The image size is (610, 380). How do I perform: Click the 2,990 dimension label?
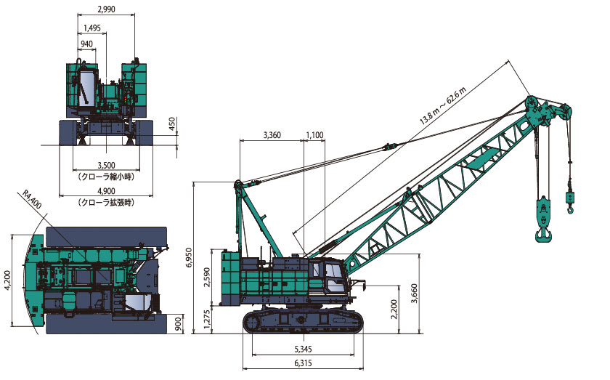click(x=106, y=9)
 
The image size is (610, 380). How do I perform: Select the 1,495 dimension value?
click(x=91, y=28)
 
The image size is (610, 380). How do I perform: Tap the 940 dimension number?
click(x=86, y=44)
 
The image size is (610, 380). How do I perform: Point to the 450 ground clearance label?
click(x=172, y=124)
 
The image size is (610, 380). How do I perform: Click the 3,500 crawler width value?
click(x=106, y=166)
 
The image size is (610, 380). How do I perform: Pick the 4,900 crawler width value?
click(x=106, y=191)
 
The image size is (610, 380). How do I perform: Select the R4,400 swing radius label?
click(x=32, y=199)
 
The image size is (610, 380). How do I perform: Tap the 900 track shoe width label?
click(x=178, y=323)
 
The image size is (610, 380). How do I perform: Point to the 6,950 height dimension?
click(x=189, y=257)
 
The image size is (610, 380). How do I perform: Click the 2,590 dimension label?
click(x=206, y=277)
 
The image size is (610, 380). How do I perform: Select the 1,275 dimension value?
click(x=206, y=319)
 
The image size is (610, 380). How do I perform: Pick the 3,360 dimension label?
click(x=272, y=135)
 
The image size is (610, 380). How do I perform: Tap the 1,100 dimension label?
click(x=314, y=135)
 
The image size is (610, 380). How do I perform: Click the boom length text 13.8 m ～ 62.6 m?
click(x=443, y=105)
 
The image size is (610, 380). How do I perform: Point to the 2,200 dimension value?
click(x=394, y=309)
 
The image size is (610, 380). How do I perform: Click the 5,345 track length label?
click(x=303, y=349)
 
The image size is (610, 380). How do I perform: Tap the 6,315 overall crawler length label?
click(x=303, y=363)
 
